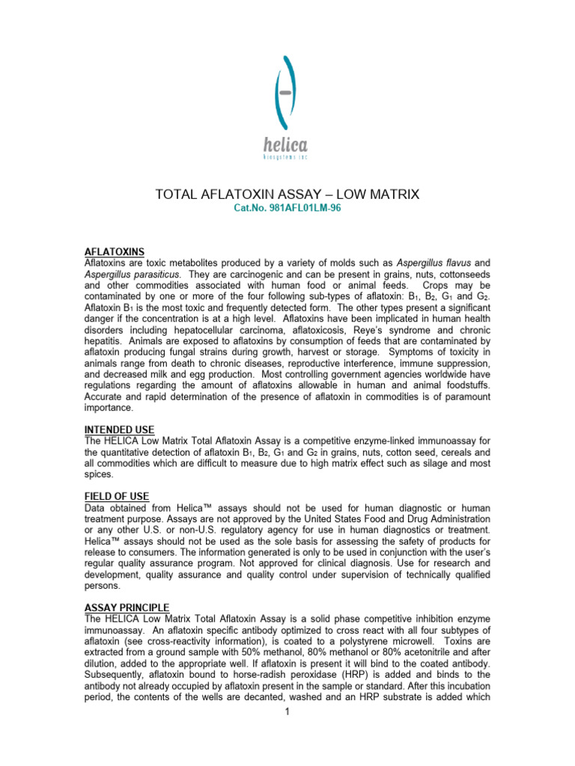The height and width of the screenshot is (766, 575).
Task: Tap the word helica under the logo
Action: pyautogui.click(x=286, y=146)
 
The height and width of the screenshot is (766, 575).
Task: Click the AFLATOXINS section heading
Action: pyautogui.click(x=114, y=251)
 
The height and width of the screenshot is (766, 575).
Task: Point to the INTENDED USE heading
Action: pyautogui.click(x=118, y=429)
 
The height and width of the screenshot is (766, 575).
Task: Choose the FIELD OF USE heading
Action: pyautogui.click(x=116, y=497)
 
